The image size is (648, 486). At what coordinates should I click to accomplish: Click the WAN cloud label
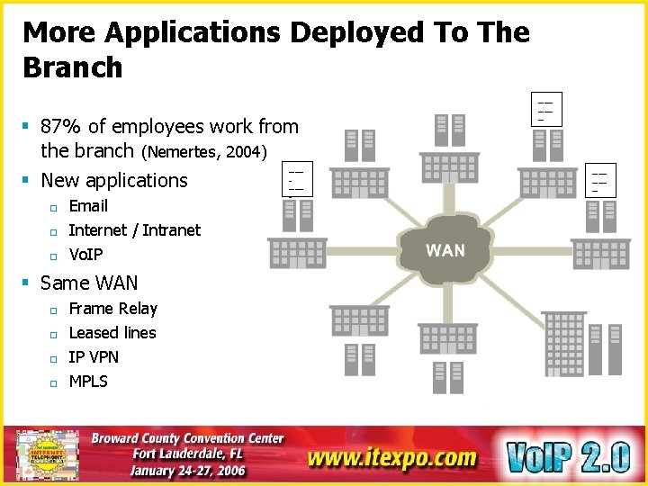pos(445,250)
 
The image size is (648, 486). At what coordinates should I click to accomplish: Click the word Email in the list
pos(88,205)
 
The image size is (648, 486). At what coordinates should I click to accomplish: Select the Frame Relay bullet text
pos(112,309)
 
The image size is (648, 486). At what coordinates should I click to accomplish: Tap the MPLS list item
pos(88,382)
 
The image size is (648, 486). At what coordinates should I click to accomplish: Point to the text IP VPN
pos(94,357)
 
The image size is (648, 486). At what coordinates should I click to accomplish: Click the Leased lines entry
pos(112,333)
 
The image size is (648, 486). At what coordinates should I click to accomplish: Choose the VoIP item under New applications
pos(86,254)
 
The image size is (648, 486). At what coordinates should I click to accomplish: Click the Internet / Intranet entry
pos(135,229)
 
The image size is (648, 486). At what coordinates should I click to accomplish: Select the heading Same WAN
pos(89,283)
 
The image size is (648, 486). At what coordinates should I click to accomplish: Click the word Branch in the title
pos(72,67)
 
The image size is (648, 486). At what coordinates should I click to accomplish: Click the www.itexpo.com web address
pos(391,456)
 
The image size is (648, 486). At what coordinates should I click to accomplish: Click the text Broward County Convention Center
pos(188,438)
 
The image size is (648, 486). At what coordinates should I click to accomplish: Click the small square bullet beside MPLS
pos(53,382)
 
